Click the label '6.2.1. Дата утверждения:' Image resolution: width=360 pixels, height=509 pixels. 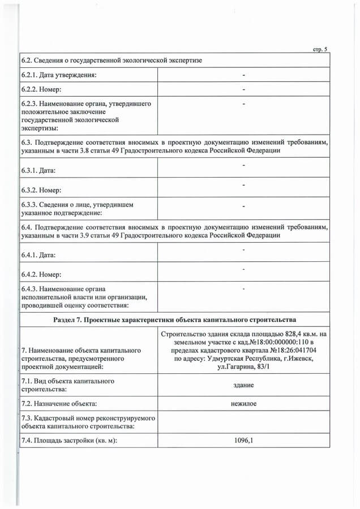pos(57,75)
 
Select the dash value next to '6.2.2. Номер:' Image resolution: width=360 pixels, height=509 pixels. pos(243,89)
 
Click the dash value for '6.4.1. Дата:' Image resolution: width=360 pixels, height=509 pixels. pos(243,249)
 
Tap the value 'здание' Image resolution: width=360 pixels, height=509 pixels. pos(243,385)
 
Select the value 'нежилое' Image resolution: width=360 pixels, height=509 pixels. pos(243,403)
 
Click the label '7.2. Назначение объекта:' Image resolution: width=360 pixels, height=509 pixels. pos(58,404)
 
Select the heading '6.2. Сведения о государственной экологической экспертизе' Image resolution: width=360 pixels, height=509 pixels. pos(112,60)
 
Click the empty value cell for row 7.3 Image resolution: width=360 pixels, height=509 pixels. pos(243,422)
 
